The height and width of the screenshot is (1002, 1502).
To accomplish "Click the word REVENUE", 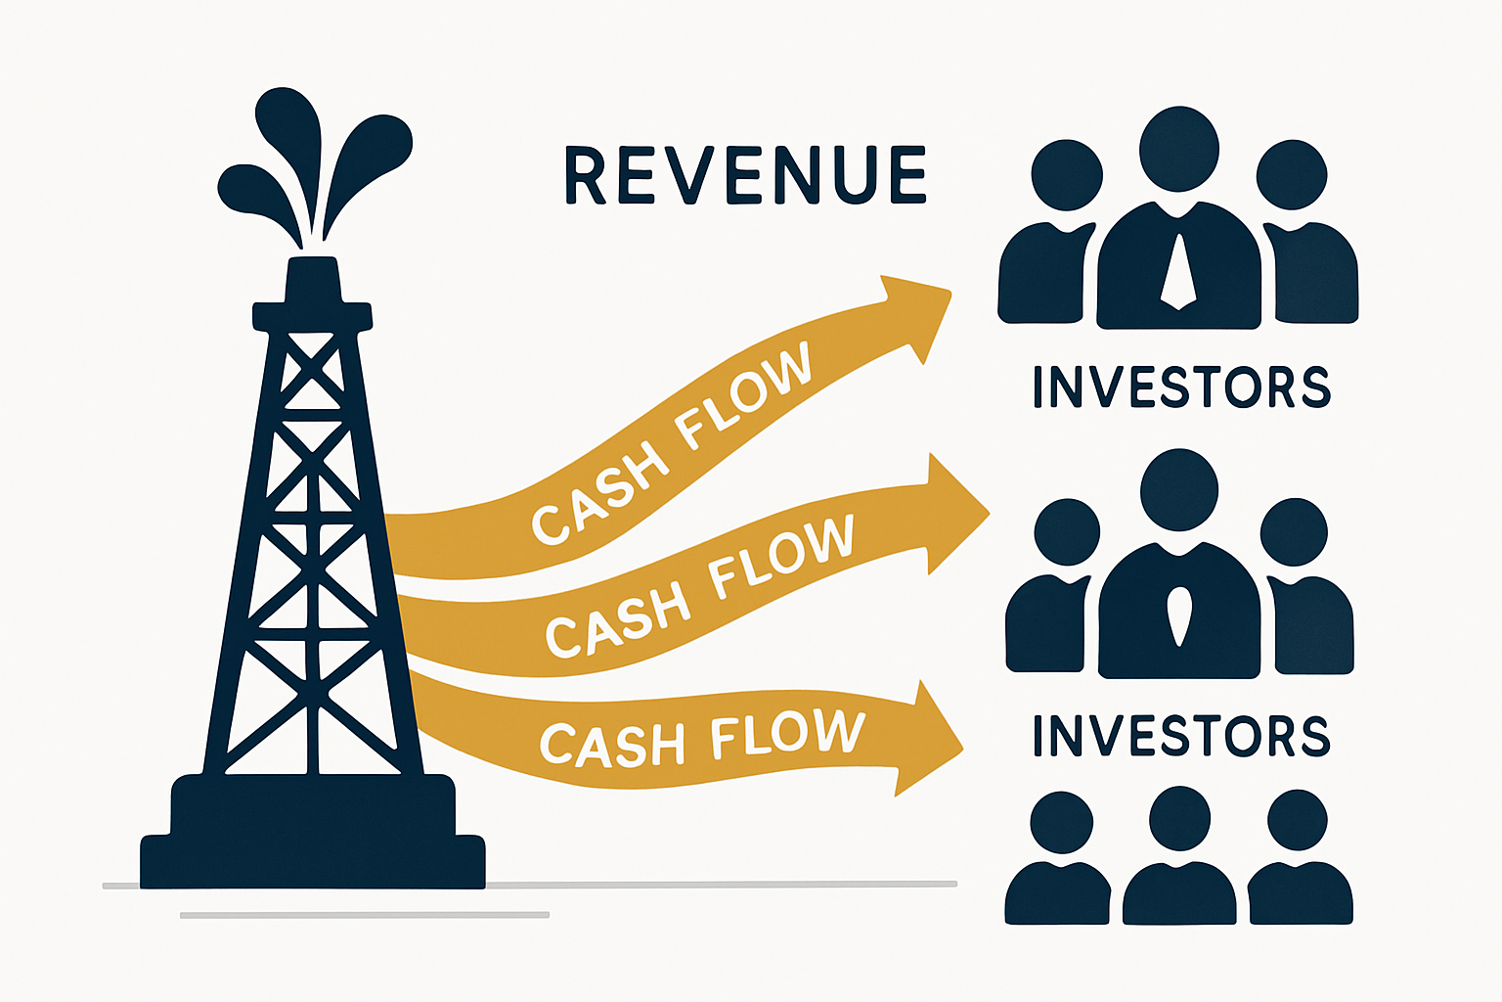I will point(745,176).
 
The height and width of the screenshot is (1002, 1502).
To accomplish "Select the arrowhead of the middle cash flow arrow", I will point(953,513).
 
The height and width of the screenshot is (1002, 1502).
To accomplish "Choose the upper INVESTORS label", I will point(1181,387).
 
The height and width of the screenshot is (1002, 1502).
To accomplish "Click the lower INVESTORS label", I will point(1181,736).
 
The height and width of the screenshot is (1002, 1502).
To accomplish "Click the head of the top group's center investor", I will point(1179,149).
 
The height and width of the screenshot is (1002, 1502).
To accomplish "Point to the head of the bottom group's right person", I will point(1298,820).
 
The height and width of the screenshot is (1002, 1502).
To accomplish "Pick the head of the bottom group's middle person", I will point(1179,818).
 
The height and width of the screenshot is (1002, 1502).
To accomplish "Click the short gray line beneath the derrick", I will point(364,915).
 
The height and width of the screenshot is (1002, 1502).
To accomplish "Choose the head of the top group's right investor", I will point(1292,175).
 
